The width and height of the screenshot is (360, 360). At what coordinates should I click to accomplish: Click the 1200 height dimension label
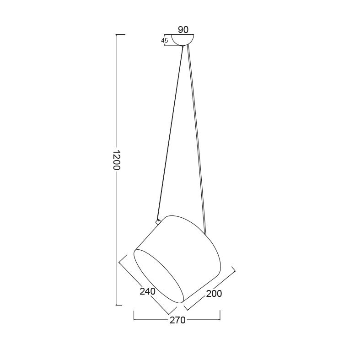[117, 160]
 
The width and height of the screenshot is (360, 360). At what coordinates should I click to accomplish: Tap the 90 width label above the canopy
[183, 30]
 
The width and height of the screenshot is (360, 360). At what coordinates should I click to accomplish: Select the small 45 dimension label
[164, 41]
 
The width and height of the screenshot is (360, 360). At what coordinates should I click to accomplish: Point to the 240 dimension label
[148, 291]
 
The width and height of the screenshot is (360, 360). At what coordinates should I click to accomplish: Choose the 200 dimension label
[214, 293]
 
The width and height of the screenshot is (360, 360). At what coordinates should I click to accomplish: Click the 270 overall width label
[177, 320]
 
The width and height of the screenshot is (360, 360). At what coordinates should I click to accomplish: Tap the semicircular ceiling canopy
[183, 39]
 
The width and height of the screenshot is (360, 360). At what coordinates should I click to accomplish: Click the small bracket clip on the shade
[158, 221]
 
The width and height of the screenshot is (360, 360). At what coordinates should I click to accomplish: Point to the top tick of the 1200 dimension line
[121, 34]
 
